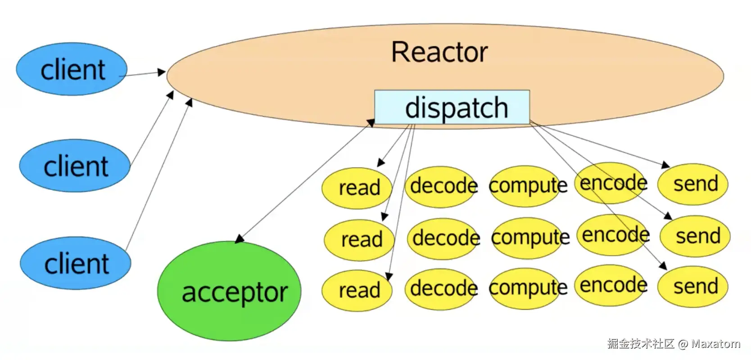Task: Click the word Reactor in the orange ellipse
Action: click(x=439, y=52)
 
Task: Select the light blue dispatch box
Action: click(x=452, y=107)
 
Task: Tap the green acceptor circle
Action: click(x=229, y=291)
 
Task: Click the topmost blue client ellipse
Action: click(x=72, y=69)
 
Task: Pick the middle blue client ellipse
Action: click(x=75, y=166)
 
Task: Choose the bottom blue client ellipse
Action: click(x=76, y=263)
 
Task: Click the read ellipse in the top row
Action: click(x=357, y=188)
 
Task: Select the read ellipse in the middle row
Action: click(x=359, y=240)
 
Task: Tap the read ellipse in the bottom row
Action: click(x=357, y=291)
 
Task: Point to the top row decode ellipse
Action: click(x=441, y=187)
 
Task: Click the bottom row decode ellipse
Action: click(x=441, y=289)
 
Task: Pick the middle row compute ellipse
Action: click(x=530, y=238)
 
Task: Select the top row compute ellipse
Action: click(x=527, y=186)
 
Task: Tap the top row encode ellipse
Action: click(x=611, y=183)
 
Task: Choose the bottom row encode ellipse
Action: click(x=611, y=286)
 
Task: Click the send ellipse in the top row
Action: click(x=693, y=184)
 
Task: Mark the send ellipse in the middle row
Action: click(x=695, y=236)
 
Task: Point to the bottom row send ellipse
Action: click(x=693, y=287)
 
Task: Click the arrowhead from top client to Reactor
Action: click(x=162, y=72)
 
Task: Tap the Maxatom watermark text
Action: click(x=715, y=344)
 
